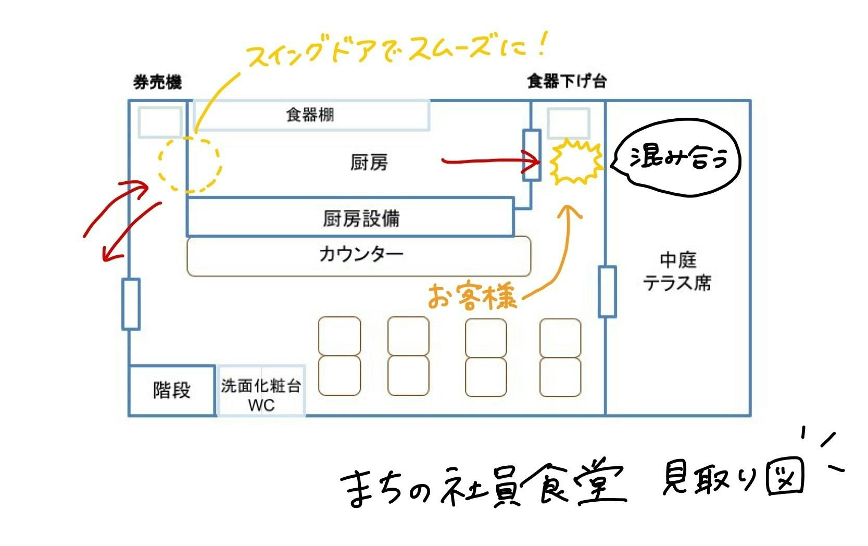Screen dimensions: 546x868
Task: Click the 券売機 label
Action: (157, 82)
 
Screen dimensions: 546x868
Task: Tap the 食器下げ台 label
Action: (567, 81)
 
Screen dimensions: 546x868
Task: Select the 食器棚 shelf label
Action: (310, 115)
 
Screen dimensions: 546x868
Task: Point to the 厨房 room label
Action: (369, 163)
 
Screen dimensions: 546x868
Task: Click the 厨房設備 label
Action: (361, 218)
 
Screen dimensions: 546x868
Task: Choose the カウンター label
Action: (361, 255)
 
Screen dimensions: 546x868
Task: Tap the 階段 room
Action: (172, 390)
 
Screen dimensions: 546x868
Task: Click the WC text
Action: (261, 405)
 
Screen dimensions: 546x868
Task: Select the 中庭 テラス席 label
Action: (677, 271)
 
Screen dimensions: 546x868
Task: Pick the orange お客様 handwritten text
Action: (472, 297)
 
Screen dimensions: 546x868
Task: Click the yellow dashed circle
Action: (190, 164)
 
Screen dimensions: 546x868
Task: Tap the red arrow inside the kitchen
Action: (489, 161)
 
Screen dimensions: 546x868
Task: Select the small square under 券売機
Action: (160, 122)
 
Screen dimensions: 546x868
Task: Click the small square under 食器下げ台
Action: (569, 123)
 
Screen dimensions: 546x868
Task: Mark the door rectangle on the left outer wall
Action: (131, 304)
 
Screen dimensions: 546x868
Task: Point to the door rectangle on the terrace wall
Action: (607, 292)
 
